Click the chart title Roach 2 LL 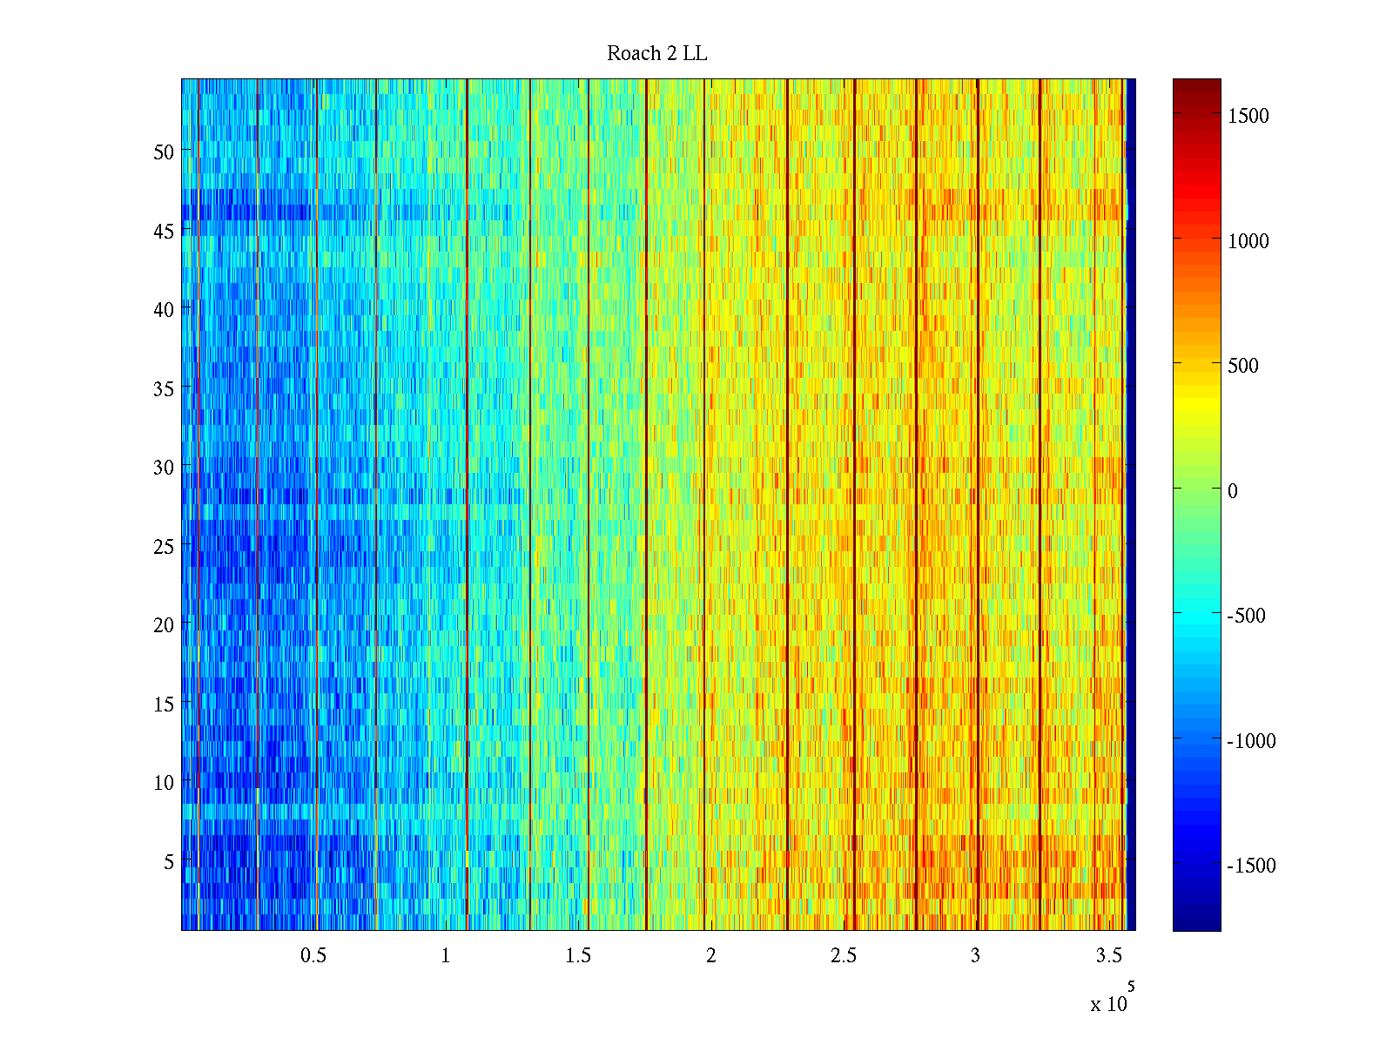[656, 54]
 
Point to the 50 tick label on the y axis [164, 152]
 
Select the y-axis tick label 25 [164, 546]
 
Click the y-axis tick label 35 [164, 388]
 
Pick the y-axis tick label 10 [164, 783]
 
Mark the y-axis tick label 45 [164, 231]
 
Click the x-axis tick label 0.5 [313, 956]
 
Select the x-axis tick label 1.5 [578, 956]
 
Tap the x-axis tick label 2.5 [844, 956]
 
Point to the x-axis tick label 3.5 [1108, 956]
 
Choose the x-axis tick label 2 [711, 956]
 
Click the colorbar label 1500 [1248, 117]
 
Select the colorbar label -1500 [1251, 866]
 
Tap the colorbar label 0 [1233, 491]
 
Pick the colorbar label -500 [1246, 616]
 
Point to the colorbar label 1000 [1248, 241]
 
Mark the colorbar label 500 [1243, 366]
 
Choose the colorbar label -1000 [1251, 741]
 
